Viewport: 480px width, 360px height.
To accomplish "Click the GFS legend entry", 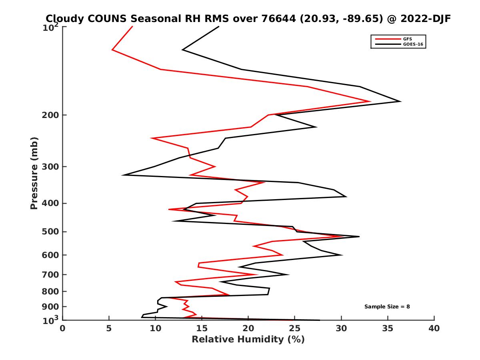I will [x=408, y=39].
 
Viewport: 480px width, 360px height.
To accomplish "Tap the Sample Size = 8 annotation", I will [x=387, y=306].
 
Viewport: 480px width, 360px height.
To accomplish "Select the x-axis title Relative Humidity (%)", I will [x=248, y=340].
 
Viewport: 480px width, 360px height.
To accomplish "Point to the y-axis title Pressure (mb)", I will [x=34, y=173].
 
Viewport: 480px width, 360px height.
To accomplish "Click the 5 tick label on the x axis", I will [x=109, y=328].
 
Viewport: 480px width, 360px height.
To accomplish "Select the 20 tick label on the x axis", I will [x=248, y=328].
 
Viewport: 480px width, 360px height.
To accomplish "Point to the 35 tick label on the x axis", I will [x=388, y=328].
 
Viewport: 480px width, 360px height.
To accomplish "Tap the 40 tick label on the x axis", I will [x=434, y=328].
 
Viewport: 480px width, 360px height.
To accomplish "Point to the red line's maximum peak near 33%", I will [x=370, y=101].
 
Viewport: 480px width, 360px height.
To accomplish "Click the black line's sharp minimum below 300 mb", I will [x=124, y=175].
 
